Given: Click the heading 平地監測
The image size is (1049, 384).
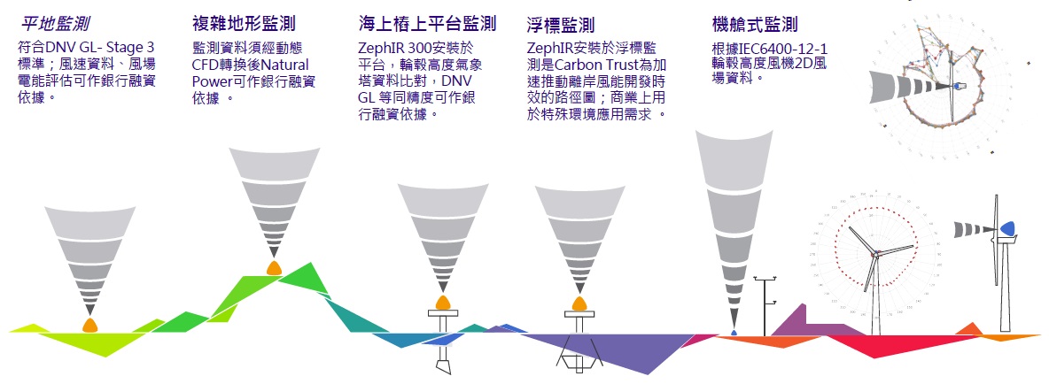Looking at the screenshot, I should [54, 23].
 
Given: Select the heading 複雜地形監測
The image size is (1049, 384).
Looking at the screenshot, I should [244, 23].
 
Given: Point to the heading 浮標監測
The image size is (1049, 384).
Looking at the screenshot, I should [560, 23].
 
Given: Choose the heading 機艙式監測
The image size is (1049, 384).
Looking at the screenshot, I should [754, 23].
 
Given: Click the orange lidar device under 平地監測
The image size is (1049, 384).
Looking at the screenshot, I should [89, 325].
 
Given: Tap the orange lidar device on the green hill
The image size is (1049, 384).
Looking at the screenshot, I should [274, 267].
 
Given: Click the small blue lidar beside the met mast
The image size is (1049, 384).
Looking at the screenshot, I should [734, 332].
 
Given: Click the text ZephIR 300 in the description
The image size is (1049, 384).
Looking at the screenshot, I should [391, 48].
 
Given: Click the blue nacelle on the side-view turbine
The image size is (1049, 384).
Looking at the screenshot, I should [1007, 229].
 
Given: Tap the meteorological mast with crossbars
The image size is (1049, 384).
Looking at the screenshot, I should [765, 301].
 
